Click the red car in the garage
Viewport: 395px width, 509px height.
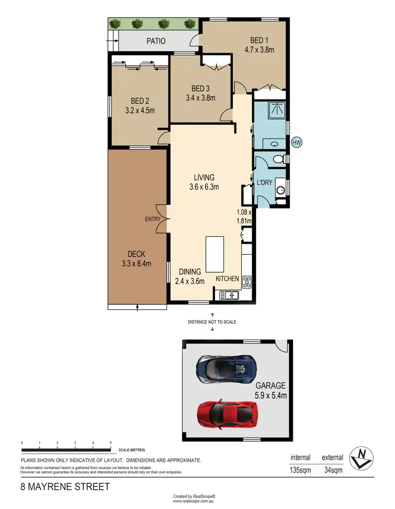point(226,414)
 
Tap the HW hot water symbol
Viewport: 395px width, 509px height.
point(297,143)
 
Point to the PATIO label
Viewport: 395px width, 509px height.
point(155,41)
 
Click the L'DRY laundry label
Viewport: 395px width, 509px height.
point(264,182)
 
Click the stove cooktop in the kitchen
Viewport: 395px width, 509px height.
point(246,282)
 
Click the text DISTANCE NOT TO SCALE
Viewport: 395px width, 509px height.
point(212,321)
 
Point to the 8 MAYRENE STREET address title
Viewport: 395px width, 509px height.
point(65,486)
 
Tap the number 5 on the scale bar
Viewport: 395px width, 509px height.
point(111,443)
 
